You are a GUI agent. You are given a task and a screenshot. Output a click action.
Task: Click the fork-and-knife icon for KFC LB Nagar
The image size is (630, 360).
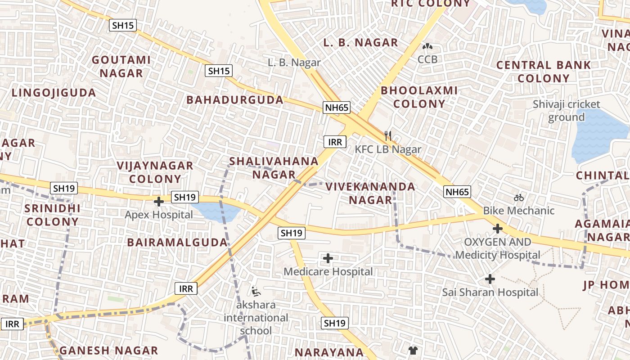click(388, 135)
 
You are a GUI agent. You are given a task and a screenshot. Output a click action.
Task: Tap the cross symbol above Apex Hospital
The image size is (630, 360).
click(158, 202)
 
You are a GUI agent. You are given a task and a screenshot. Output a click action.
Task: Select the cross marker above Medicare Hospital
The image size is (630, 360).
click(328, 258)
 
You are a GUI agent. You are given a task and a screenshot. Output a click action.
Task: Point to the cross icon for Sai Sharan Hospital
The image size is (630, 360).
click(490, 279)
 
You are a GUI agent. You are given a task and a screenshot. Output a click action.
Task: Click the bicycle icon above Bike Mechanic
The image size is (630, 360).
click(518, 197)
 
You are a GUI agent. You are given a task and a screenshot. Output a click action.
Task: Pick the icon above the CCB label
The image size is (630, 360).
click(427, 46)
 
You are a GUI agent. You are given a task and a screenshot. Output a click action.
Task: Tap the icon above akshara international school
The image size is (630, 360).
click(256, 292)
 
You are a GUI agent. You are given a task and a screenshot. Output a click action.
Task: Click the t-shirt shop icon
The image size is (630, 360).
click(413, 350)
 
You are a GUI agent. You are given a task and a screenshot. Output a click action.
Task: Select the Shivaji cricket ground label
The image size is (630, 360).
click(566, 111)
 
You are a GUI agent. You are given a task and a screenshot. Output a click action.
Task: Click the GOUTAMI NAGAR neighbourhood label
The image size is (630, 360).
click(121, 66)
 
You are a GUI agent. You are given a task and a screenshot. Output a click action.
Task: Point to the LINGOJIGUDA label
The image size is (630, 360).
click(54, 93)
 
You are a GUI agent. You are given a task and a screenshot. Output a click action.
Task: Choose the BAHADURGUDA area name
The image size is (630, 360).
click(235, 100)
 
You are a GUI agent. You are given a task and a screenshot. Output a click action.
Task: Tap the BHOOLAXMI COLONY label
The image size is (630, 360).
click(419, 97)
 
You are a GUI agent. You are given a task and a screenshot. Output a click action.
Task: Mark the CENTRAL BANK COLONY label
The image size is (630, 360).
click(543, 72)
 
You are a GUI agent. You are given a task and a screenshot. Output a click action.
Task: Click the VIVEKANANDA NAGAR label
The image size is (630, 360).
click(370, 193)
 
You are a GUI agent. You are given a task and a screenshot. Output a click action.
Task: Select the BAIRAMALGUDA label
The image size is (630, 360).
click(177, 243)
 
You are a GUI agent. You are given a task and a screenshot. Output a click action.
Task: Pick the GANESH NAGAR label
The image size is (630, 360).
click(108, 351)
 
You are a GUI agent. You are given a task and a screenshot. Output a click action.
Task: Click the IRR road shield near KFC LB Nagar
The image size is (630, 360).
click(335, 142)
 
